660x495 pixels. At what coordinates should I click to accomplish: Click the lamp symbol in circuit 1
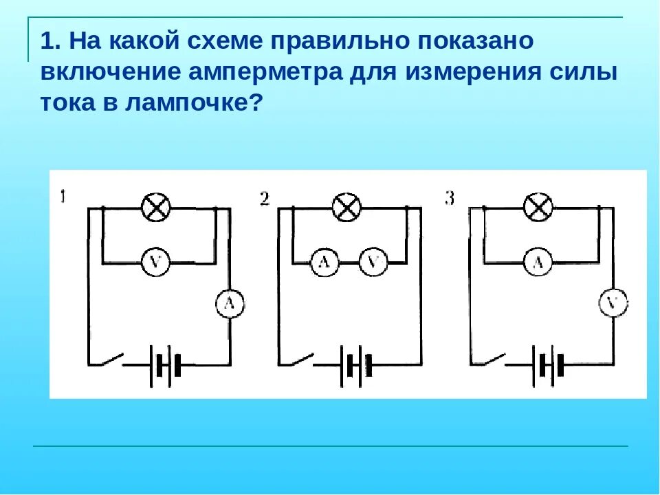(x=156, y=206)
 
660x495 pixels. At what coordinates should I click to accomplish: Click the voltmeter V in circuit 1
(x=156, y=262)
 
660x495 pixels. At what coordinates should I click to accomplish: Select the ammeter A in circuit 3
(x=538, y=262)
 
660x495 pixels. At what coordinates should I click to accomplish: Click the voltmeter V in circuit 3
(x=614, y=303)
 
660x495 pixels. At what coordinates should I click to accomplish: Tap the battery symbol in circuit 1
(x=165, y=364)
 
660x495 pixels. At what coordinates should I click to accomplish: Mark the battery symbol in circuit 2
(x=356, y=364)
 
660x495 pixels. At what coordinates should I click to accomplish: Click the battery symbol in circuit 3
(x=548, y=364)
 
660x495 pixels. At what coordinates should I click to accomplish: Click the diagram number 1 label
(x=63, y=197)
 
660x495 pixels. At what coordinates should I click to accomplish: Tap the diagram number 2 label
(x=264, y=199)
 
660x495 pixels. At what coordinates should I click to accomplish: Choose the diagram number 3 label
(x=450, y=199)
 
